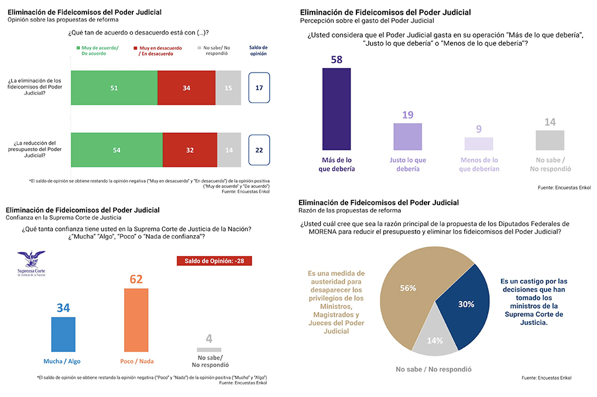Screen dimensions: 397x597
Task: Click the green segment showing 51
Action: coord(114,88)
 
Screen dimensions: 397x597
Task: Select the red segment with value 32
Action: coord(190,149)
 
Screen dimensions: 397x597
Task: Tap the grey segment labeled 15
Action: coord(228,88)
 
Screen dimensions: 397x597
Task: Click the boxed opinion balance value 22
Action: coord(259,149)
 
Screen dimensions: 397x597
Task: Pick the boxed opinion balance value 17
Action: coord(259,88)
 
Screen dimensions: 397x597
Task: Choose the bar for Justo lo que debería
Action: coord(407,136)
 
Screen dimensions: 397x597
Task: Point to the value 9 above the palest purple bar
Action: coord(479,129)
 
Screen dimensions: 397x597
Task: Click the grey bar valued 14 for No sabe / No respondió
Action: coord(550,140)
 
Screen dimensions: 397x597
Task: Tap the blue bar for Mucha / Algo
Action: coord(63,334)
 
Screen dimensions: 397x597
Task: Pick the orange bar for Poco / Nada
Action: coord(136,320)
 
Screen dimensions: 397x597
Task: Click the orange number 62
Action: coord(136,279)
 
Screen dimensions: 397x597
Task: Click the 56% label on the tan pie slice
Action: coord(408,288)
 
